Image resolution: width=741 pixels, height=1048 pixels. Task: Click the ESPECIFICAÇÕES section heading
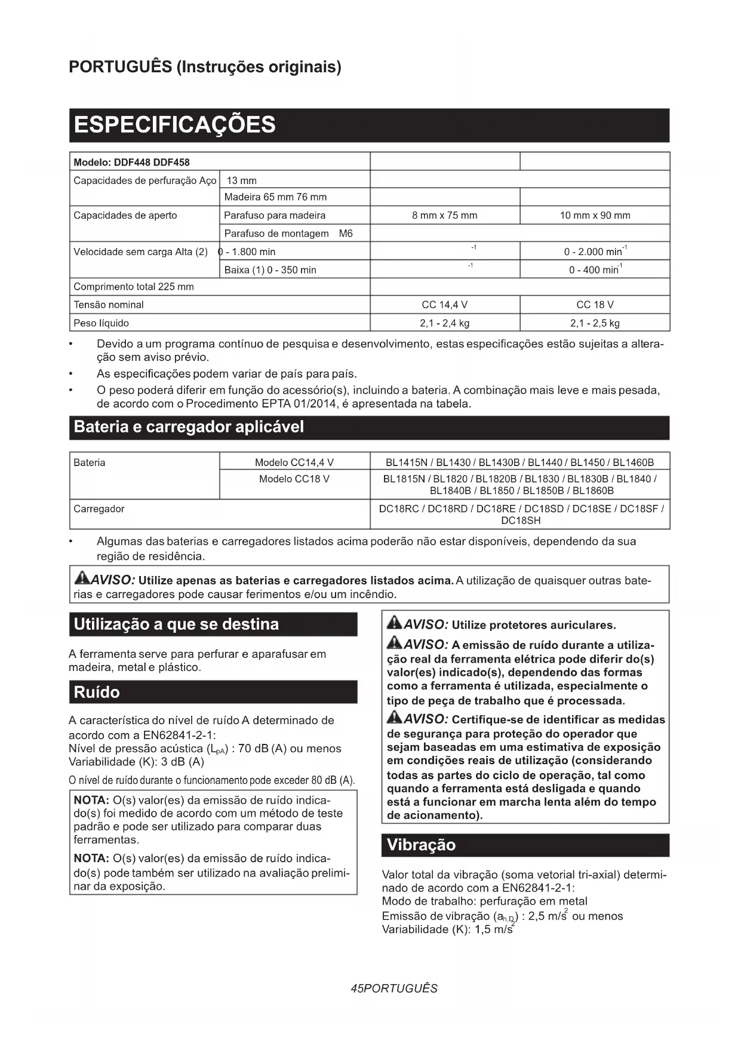pyautogui.click(x=174, y=125)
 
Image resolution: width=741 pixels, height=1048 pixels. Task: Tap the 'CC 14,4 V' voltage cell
pyautogui.click(x=444, y=305)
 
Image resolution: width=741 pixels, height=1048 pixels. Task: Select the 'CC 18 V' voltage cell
pyautogui.click(x=595, y=305)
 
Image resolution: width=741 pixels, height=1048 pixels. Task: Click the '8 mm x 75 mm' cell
pyautogui.click(x=444, y=216)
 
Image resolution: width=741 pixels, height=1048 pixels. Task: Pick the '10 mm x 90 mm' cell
pyautogui.click(x=595, y=216)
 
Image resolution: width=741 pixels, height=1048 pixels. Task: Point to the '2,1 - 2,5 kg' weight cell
pyautogui.click(x=595, y=323)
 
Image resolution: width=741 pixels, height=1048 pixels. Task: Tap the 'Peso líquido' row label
pyautogui.click(x=101, y=323)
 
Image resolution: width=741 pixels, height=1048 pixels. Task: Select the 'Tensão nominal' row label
pyautogui.click(x=108, y=305)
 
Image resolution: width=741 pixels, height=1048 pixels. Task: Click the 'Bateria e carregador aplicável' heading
pyautogui.click(x=189, y=427)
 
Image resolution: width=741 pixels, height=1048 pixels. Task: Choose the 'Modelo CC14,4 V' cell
pyautogui.click(x=294, y=462)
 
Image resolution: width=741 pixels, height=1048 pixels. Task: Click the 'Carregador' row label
pyautogui.click(x=99, y=509)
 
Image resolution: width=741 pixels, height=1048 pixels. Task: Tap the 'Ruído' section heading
pyautogui.click(x=97, y=692)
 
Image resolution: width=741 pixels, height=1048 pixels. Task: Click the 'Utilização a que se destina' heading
pyautogui.click(x=176, y=624)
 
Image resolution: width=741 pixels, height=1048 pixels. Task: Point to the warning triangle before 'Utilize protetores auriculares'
pyautogui.click(x=394, y=623)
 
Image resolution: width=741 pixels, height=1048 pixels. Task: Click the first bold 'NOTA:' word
pyautogui.click(x=91, y=800)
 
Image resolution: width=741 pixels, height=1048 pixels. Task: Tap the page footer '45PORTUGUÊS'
pyautogui.click(x=394, y=989)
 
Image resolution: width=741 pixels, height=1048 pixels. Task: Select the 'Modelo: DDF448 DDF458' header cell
pyautogui.click(x=131, y=163)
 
